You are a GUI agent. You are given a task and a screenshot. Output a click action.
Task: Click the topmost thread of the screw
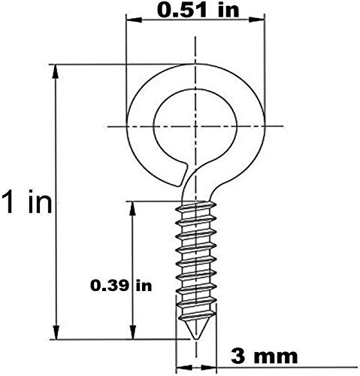click(x=195, y=206)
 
